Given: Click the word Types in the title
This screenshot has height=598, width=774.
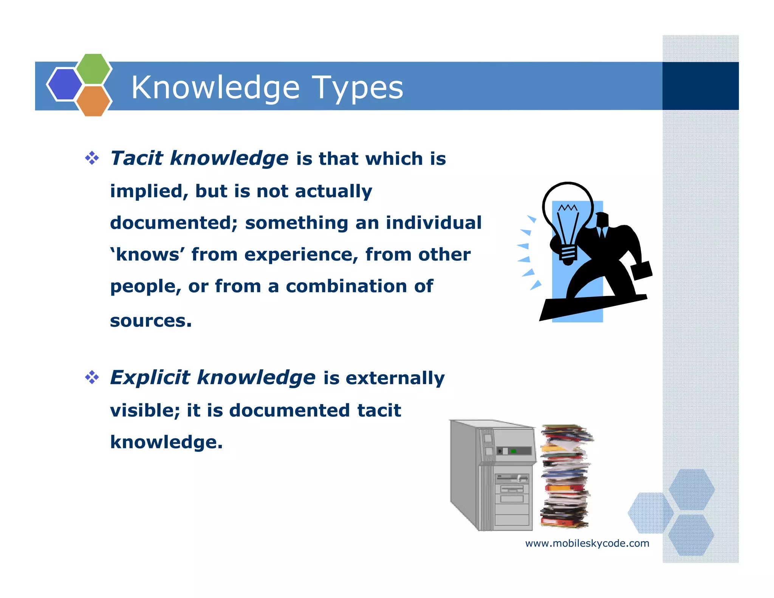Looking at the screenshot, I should [358, 88].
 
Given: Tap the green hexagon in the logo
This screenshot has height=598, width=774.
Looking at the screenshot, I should [93, 69].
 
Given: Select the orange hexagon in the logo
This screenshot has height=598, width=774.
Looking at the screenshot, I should [93, 101].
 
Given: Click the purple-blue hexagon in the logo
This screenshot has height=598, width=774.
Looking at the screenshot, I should [64, 84].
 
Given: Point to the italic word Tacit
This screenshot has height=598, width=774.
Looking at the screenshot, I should [136, 158].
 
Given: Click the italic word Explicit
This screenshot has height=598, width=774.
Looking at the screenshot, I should [150, 377].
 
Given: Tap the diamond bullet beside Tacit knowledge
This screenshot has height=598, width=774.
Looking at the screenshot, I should [92, 158].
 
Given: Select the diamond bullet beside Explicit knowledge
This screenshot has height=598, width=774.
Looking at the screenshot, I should [92, 377].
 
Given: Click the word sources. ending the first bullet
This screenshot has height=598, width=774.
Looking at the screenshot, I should [151, 321].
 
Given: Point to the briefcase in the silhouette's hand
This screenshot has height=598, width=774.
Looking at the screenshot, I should [641, 271].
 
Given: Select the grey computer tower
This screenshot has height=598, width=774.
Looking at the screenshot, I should [491, 476].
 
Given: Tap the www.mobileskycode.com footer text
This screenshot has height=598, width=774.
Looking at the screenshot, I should [587, 544].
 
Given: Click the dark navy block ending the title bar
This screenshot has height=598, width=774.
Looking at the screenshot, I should [700, 86].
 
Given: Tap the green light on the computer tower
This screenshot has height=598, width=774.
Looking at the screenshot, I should [514, 451].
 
